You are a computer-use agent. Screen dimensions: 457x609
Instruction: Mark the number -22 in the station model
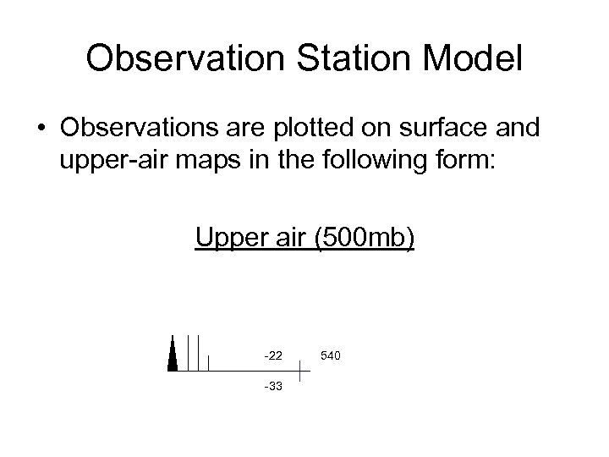coord(273,355)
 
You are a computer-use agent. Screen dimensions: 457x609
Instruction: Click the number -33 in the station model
coord(273,387)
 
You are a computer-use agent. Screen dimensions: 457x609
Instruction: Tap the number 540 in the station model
coord(331,355)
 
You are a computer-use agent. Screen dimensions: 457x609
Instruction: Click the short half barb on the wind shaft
coord(208,363)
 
